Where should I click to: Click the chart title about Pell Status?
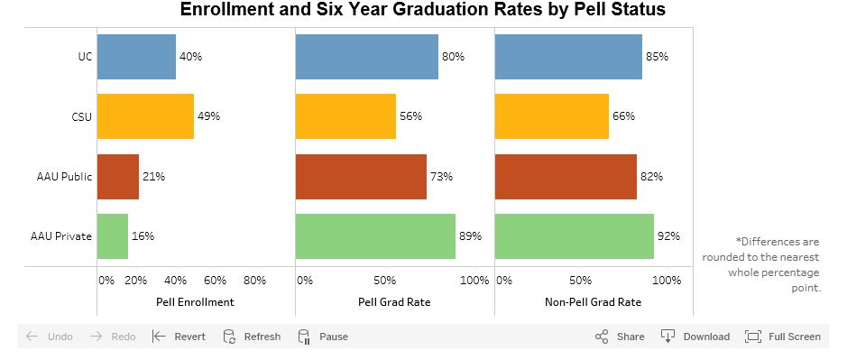click(x=422, y=11)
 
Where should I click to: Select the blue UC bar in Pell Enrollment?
click(x=136, y=57)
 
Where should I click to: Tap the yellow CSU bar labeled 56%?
click(x=345, y=116)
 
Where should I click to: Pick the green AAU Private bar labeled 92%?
click(x=574, y=236)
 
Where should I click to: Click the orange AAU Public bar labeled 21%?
click(x=117, y=177)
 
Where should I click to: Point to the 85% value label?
click(x=657, y=57)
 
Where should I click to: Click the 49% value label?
click(x=208, y=116)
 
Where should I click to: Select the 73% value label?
click(x=441, y=177)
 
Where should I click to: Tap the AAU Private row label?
click(x=60, y=236)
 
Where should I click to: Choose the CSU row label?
click(x=81, y=116)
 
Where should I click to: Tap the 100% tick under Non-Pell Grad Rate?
click(x=667, y=281)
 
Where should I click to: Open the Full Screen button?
click(x=783, y=337)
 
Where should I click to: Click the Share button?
click(x=620, y=337)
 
